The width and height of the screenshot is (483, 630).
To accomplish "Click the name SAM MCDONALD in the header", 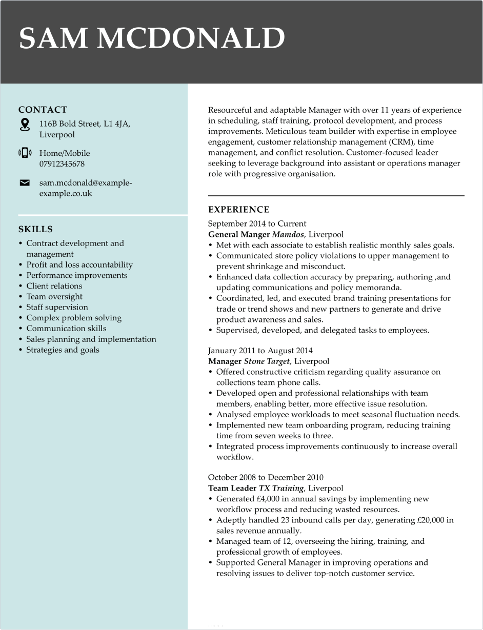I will point(152,38).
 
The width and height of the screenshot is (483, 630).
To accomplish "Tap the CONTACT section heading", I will point(43,110).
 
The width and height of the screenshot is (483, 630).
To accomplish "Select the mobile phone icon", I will point(25,153).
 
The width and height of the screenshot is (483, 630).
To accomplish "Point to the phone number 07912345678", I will point(62,164).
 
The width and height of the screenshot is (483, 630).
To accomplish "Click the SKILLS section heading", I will point(35,229).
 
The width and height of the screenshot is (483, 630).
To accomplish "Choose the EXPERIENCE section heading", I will point(238,210).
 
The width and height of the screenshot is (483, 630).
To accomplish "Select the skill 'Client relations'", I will point(54,286).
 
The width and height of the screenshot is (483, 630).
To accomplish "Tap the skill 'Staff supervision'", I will point(57,307).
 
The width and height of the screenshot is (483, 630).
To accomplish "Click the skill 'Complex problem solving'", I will point(74,318).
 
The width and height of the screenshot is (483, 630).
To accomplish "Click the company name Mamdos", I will point(288,234).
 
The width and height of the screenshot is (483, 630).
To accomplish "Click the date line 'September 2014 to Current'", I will point(257,223).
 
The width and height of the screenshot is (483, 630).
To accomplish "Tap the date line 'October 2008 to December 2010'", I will point(266,477).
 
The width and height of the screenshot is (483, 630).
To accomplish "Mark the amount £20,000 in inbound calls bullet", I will point(431,520).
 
